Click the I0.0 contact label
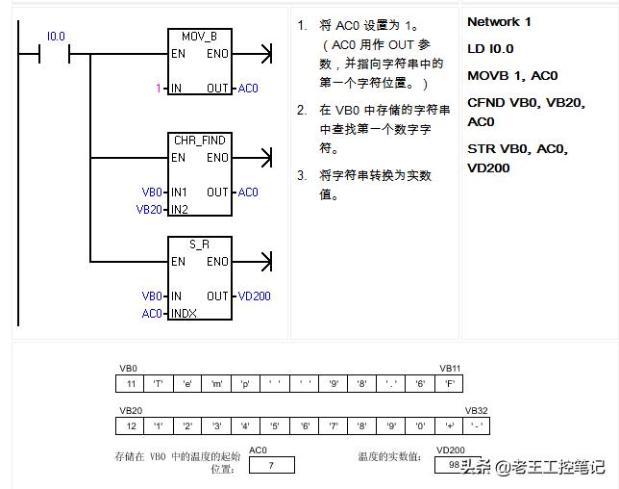click(56, 37)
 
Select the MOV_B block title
click(199, 37)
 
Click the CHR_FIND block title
click(199, 141)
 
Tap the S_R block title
click(199, 244)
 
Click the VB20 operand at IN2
click(148, 209)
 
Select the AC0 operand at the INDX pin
click(152, 314)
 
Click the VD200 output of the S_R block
click(255, 296)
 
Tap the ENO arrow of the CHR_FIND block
click(266, 158)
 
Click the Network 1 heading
click(499, 22)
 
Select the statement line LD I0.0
click(491, 49)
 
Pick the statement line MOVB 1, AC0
click(512, 76)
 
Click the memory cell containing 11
click(130, 385)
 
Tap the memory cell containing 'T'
click(159, 385)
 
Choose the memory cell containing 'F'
click(449, 385)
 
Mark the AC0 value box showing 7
click(272, 466)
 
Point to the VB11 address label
click(450, 369)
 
